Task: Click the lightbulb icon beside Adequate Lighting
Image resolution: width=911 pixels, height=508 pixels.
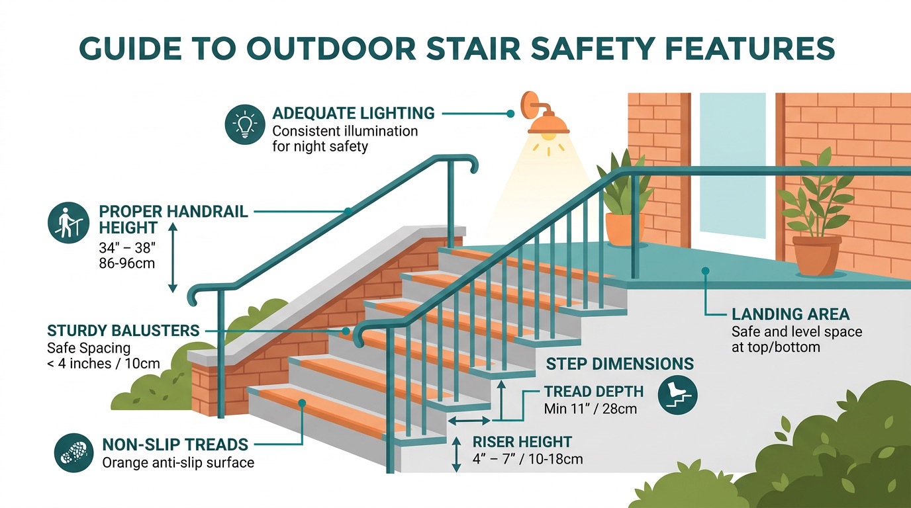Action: (x=244, y=124)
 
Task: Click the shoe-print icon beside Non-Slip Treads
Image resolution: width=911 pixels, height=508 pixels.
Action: (x=73, y=453)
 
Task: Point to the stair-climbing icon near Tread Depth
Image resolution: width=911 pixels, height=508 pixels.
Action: (x=677, y=396)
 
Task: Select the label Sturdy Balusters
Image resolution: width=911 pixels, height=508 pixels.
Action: (x=123, y=330)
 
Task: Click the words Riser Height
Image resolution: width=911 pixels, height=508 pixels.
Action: (x=522, y=442)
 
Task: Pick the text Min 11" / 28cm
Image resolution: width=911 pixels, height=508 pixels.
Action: (x=590, y=409)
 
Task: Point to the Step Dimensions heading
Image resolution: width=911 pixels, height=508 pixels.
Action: (x=620, y=364)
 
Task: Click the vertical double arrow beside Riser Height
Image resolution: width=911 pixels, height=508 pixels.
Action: (x=455, y=454)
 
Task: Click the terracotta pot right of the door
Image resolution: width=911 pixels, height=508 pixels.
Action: (x=816, y=255)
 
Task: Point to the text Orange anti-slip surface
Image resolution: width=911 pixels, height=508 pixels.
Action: (x=178, y=462)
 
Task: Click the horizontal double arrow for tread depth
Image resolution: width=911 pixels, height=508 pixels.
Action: (x=469, y=421)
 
